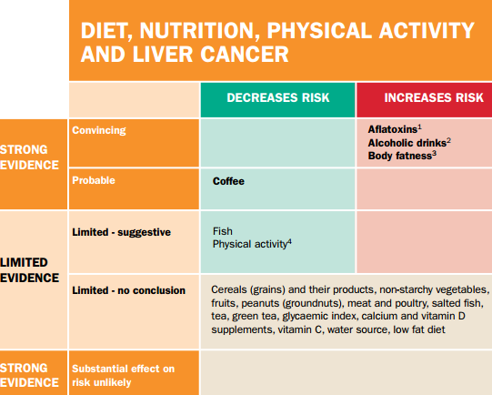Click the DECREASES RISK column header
(277, 98)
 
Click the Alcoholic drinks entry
(407, 143)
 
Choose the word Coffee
(228, 181)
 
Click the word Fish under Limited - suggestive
(221, 232)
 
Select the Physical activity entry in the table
(249, 245)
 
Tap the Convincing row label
(98, 130)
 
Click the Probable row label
(94, 181)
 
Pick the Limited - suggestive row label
(121, 232)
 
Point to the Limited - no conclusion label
(126, 290)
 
